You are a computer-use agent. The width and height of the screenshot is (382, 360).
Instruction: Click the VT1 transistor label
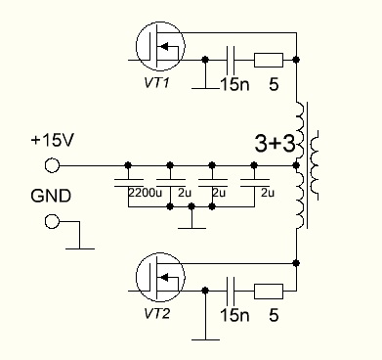[x=156, y=83]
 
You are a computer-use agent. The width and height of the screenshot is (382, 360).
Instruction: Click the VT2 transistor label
[x=156, y=314]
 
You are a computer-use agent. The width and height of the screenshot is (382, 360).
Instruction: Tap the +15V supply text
[x=53, y=140]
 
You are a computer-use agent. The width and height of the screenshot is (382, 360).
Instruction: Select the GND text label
[x=51, y=196]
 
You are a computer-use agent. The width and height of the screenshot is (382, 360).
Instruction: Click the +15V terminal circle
[x=52, y=165]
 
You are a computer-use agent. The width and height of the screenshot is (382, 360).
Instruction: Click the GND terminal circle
[x=52, y=222]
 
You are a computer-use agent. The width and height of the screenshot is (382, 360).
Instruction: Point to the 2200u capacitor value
[x=145, y=193]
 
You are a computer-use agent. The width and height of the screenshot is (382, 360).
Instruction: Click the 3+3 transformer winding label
[x=276, y=144]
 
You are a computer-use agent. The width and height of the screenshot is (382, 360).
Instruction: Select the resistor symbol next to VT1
[x=269, y=60]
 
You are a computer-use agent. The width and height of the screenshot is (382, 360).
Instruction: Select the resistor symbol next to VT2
[x=269, y=292]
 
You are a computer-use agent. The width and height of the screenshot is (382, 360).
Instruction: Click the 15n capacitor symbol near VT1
[x=231, y=60]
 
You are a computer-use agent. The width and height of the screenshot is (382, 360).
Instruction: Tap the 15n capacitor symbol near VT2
[x=231, y=291]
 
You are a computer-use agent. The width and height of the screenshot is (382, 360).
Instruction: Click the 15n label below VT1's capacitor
[x=234, y=84]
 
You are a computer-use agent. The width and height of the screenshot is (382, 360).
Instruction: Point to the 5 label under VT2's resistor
[x=274, y=315]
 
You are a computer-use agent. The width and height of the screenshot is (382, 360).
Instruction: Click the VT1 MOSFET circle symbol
[x=136, y=46]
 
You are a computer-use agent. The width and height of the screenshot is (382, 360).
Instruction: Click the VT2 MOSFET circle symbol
[x=136, y=277]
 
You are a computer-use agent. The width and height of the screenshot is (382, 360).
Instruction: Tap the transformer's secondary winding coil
[x=314, y=165]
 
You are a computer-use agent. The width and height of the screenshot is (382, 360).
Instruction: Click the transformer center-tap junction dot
[x=296, y=165]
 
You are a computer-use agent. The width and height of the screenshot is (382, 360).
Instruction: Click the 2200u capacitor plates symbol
[x=129, y=183]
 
